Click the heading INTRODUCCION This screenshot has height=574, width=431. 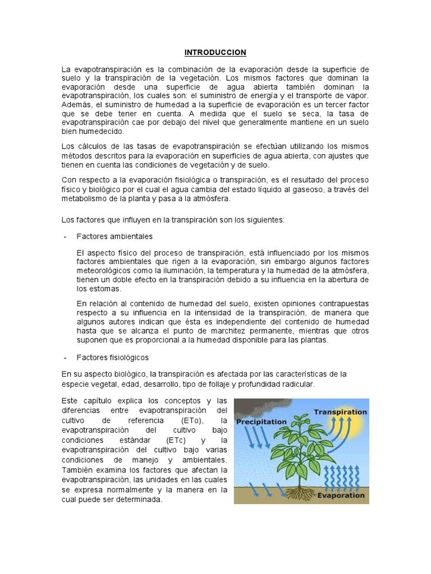click(x=215, y=53)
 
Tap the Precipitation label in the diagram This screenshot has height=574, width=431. click(x=260, y=422)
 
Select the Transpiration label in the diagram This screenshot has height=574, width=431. click(x=340, y=411)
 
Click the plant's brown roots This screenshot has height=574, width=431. click(x=295, y=492)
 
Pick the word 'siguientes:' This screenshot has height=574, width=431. click(x=265, y=219)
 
